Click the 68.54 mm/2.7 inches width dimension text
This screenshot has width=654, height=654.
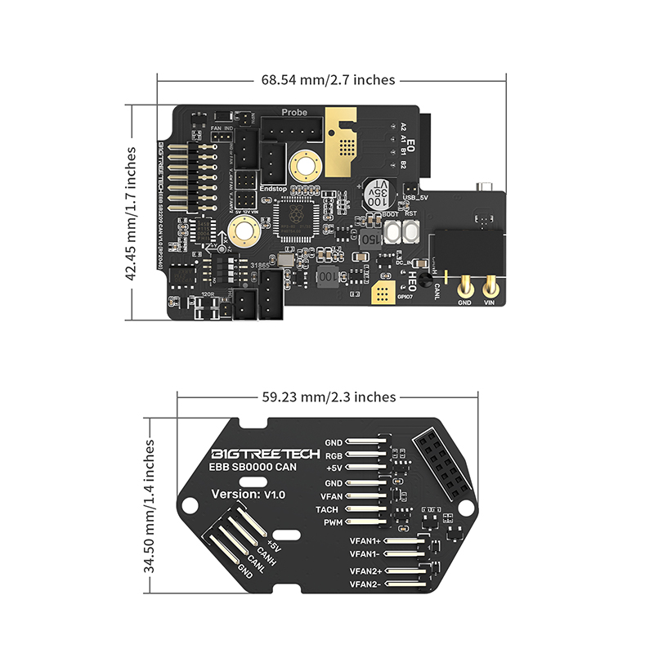(x=328, y=80)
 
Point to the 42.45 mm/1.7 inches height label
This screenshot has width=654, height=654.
(x=131, y=214)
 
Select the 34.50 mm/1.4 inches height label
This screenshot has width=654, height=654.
(x=150, y=508)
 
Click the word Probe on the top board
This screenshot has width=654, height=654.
(x=294, y=112)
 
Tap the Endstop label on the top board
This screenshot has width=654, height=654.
(x=271, y=187)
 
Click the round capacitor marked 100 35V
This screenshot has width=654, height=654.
(x=378, y=194)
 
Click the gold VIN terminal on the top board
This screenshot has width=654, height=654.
(x=491, y=288)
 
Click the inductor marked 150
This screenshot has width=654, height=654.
(x=369, y=240)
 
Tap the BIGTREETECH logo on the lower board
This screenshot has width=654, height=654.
(x=260, y=454)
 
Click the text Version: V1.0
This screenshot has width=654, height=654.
(x=249, y=495)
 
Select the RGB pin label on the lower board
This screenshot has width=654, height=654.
(x=333, y=455)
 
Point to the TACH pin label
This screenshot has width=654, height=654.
(x=328, y=509)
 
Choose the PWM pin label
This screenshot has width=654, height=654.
(x=331, y=522)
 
